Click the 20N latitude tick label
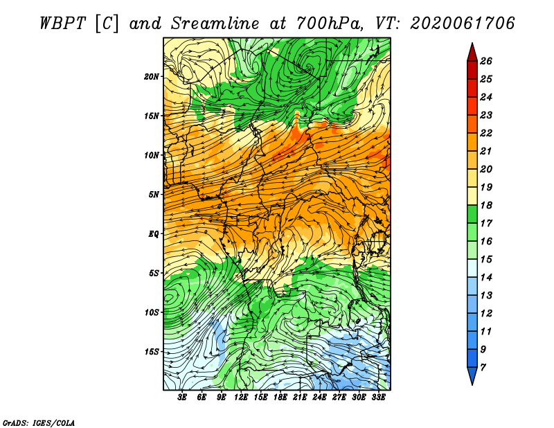(x=152, y=77)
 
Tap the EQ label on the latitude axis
(x=154, y=234)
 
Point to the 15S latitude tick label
(x=152, y=352)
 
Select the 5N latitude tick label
(x=154, y=195)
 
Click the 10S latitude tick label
(x=152, y=312)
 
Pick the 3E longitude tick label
(x=182, y=397)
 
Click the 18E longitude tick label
(x=280, y=397)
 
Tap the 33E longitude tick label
(x=378, y=397)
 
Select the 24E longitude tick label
(x=319, y=397)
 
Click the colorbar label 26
(x=486, y=61)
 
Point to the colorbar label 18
(x=486, y=205)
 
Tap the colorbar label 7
(x=483, y=368)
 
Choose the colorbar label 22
(x=486, y=133)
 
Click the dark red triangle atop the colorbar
(x=472, y=53)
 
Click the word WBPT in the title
(x=62, y=24)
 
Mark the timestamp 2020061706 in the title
(x=463, y=24)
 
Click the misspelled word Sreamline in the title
(x=215, y=24)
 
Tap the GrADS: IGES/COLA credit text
(x=39, y=423)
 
